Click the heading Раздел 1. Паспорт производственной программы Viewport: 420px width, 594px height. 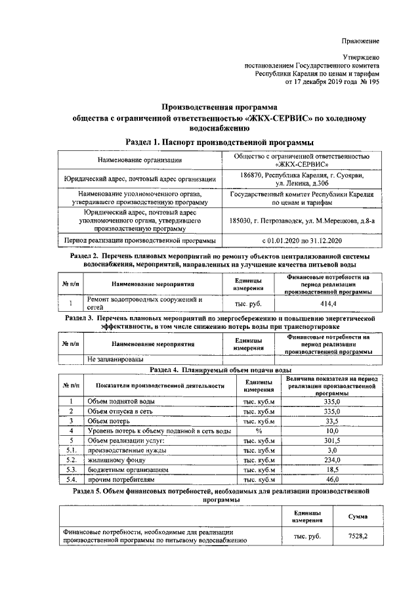(x=219, y=142)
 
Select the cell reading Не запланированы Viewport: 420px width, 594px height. (x=111, y=359)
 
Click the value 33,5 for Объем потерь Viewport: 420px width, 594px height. (x=331, y=421)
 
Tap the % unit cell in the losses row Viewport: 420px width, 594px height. (x=259, y=431)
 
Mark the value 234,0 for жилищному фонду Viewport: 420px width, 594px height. (x=331, y=460)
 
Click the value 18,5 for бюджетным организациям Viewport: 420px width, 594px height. (x=331, y=470)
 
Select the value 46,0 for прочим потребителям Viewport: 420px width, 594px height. (x=331, y=480)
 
